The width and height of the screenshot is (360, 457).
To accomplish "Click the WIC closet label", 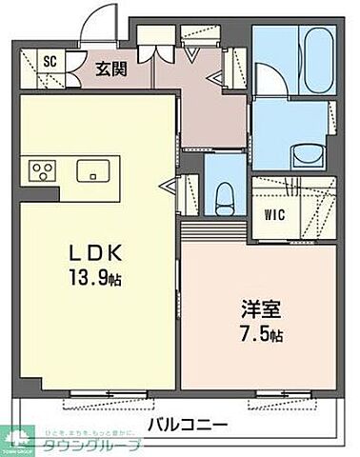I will [x=272, y=213].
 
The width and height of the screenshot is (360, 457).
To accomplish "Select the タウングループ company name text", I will [x=106, y=447].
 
